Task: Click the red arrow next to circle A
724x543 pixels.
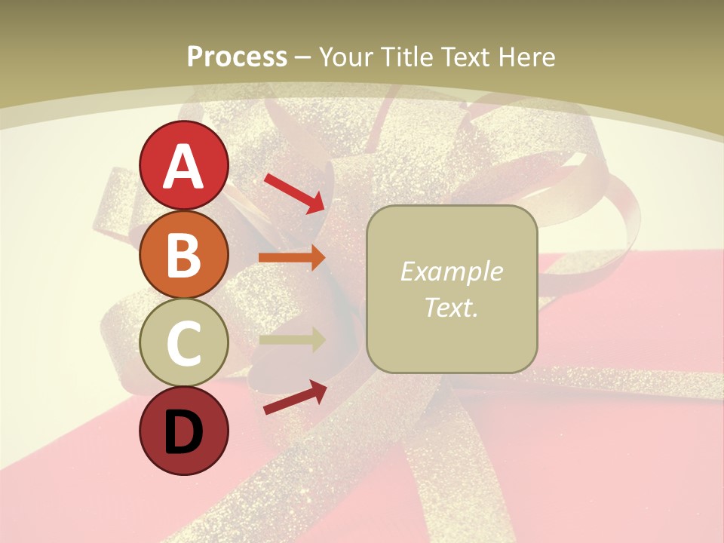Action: click(294, 193)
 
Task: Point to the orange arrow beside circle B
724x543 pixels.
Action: click(292, 257)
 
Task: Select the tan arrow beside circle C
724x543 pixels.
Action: click(292, 339)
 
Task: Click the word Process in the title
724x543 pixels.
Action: click(237, 57)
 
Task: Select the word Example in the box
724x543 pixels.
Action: click(451, 271)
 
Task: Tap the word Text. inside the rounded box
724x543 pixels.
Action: click(451, 307)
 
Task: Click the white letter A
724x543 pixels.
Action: click(184, 167)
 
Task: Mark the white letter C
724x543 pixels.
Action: click(184, 343)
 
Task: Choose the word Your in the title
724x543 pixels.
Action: click(345, 57)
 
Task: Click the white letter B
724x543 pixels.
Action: click(184, 255)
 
